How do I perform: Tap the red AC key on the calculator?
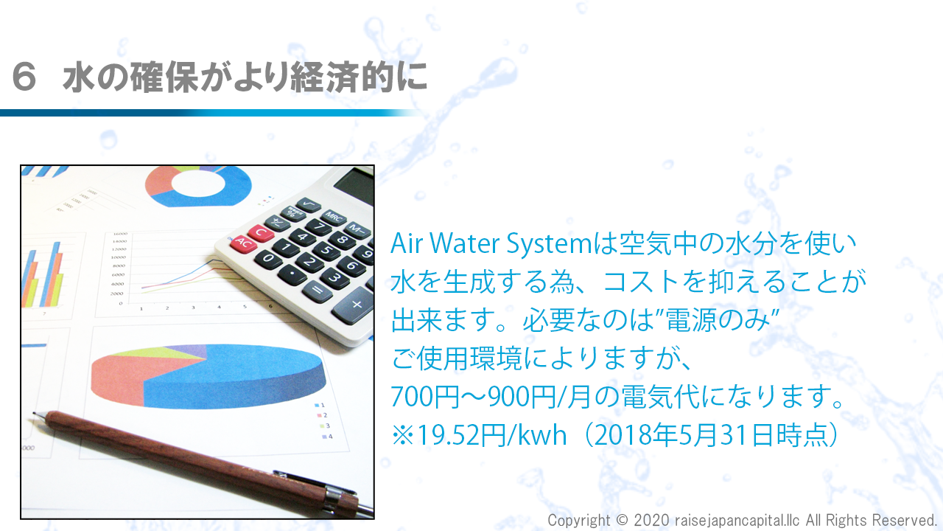coord(243,243)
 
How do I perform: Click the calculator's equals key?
coord(317,291)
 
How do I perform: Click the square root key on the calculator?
coord(308,205)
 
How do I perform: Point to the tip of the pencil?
coord(34,414)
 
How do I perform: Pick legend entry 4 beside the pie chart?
coord(327,437)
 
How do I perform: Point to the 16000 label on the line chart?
coord(120,234)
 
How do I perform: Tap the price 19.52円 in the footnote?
coord(461,435)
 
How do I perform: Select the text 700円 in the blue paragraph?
coord(425,397)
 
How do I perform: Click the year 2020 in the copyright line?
coord(651,521)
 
